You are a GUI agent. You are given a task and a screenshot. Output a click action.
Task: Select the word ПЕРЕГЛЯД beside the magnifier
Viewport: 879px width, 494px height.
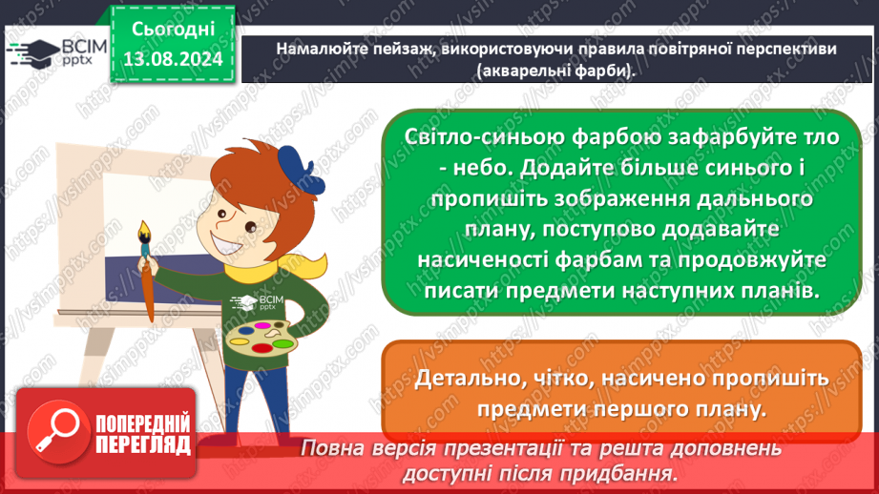coord(143,444)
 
